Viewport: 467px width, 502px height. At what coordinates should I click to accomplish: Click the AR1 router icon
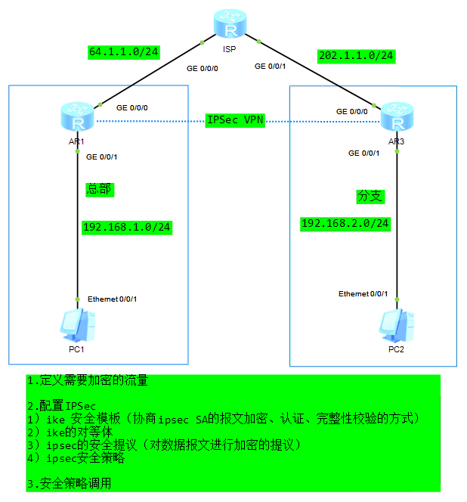77,118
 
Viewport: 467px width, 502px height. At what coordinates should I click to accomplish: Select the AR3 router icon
396,117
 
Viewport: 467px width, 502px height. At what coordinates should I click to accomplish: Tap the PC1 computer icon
76,324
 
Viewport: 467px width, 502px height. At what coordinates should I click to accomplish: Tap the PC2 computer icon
397,324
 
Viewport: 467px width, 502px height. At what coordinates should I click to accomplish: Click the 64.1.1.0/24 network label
123,53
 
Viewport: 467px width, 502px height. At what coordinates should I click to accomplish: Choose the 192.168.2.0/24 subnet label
345,223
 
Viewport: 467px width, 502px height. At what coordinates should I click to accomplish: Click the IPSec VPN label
235,120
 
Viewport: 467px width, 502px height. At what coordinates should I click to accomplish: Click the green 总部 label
99,189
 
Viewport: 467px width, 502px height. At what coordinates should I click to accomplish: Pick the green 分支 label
370,197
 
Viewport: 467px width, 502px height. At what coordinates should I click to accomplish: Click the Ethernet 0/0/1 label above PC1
112,299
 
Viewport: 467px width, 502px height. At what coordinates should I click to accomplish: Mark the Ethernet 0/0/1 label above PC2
363,293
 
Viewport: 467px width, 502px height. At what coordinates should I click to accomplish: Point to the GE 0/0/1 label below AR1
102,157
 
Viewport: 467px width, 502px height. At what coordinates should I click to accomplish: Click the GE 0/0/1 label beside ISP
271,67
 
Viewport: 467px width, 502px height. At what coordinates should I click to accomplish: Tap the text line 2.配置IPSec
61,406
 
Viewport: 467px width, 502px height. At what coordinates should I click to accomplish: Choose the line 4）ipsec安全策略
76,458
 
